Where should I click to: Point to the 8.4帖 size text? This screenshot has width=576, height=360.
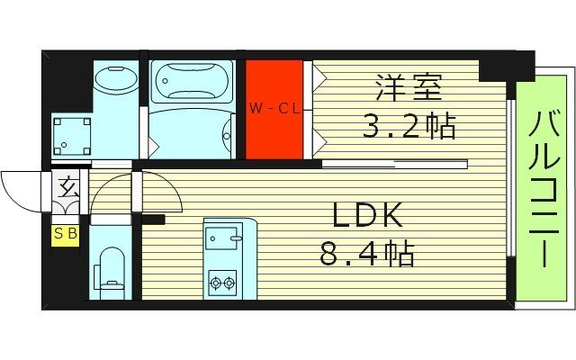click(367, 255)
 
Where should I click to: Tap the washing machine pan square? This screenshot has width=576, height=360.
click(71, 136)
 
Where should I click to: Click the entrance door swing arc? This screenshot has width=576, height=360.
click(20, 189)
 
